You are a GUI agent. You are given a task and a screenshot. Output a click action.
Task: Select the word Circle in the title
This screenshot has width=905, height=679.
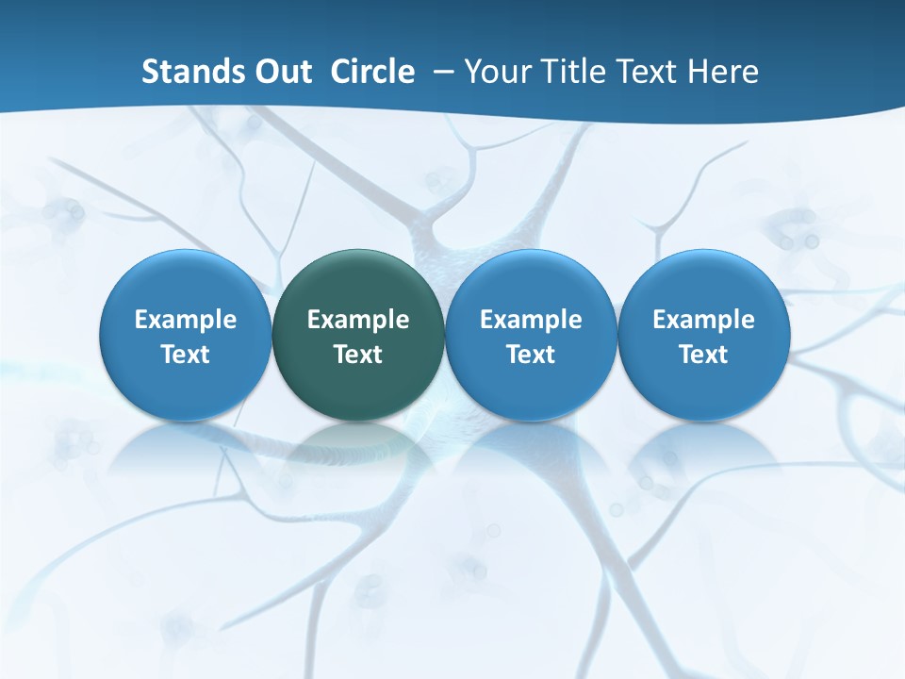(x=372, y=72)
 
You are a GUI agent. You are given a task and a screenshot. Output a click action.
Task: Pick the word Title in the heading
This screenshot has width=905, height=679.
(x=571, y=72)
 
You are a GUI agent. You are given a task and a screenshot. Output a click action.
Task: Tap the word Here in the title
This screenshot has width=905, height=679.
(x=724, y=72)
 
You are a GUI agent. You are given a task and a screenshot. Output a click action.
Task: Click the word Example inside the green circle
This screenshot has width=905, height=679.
(x=358, y=320)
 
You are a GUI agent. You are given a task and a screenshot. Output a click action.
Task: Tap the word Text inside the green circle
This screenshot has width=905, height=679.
(x=358, y=355)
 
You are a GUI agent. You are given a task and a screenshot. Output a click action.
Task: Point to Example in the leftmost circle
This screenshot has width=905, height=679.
(x=185, y=320)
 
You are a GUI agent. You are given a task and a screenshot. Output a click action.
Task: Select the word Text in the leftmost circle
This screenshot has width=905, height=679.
(x=185, y=355)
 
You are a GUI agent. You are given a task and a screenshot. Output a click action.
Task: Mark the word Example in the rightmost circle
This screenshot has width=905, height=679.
(x=704, y=320)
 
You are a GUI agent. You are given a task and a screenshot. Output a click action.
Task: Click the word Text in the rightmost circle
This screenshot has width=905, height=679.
(x=704, y=355)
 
